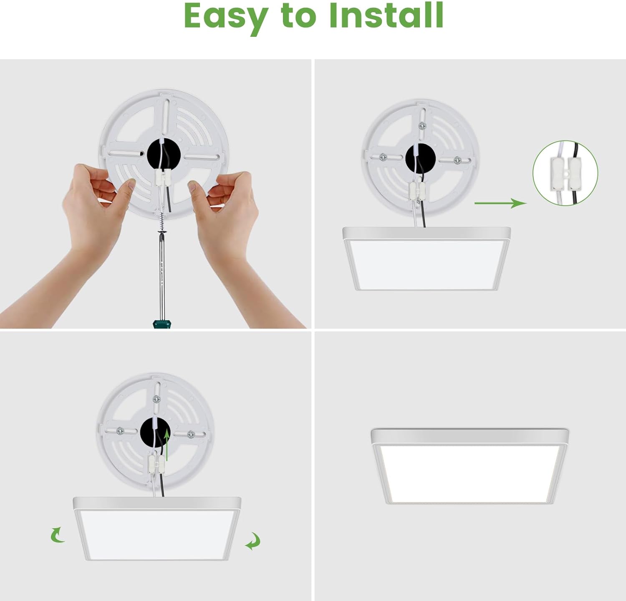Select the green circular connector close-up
(565, 173)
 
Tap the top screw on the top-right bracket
(423, 125)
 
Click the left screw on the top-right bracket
(383, 157)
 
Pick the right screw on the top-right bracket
(457, 160)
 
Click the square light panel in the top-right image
(427, 259)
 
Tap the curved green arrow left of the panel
(57, 535)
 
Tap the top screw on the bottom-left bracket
(157, 399)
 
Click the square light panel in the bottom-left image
(157, 529)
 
